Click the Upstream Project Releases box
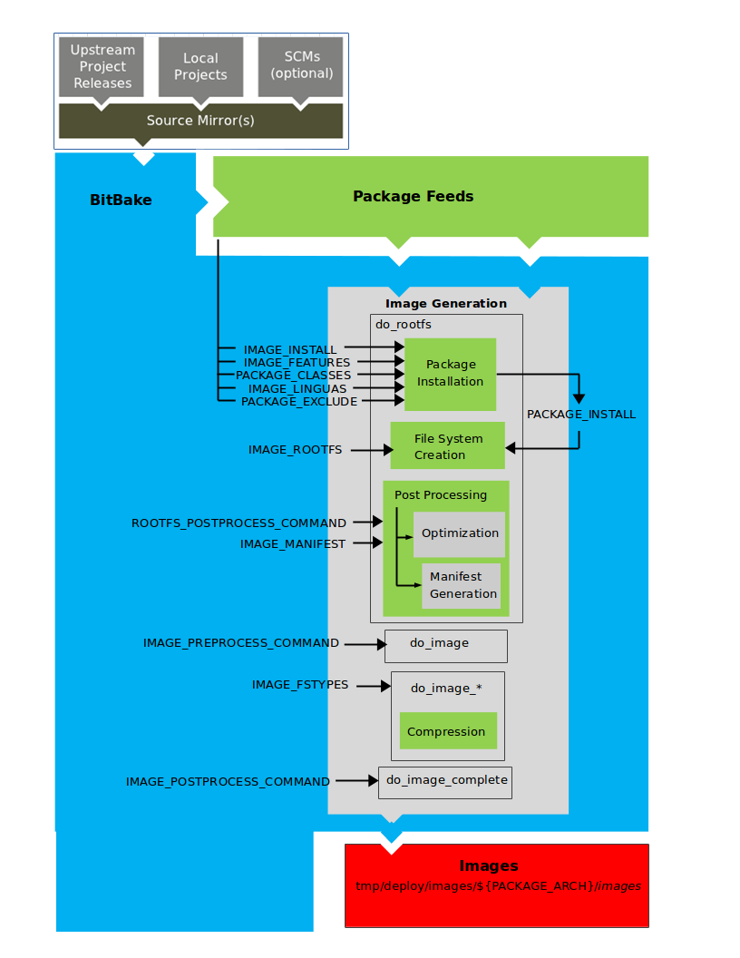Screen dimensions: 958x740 point(102,66)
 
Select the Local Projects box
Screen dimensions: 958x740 point(200,66)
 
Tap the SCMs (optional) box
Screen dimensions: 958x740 point(302,65)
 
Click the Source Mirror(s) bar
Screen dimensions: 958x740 point(200,121)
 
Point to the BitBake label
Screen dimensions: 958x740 point(121,200)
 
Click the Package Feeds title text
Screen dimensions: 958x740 point(413,196)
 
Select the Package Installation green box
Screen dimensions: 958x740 point(450,373)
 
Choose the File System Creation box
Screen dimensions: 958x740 point(448,446)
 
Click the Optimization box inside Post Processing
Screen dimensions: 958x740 point(459,533)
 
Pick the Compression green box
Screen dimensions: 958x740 point(446,731)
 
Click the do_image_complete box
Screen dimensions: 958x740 point(445,781)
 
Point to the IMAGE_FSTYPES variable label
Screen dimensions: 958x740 point(300,685)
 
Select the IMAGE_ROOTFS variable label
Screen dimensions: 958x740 point(296,450)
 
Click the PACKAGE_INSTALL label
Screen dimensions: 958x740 point(581,415)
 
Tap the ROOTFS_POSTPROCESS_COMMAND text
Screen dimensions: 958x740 point(239,523)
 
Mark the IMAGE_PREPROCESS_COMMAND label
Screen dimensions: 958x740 point(241,643)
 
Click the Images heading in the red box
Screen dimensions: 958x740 point(489,865)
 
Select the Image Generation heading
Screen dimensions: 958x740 point(446,304)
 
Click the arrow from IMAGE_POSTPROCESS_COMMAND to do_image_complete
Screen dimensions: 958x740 point(355,781)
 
